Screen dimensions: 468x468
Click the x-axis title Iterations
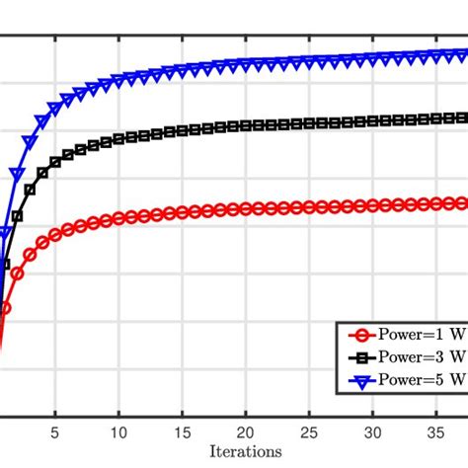[x=246, y=451]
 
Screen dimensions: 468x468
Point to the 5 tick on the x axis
[x=55, y=431]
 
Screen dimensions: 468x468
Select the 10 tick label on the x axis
[x=118, y=431]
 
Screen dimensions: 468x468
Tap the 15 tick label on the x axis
[x=182, y=431]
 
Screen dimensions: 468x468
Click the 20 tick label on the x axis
[x=245, y=431]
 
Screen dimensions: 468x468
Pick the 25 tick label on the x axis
[x=309, y=431]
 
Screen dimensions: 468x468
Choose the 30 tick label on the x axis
[x=372, y=431]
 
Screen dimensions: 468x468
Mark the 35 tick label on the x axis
[x=435, y=431]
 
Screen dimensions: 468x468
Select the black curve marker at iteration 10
[x=118, y=139]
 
